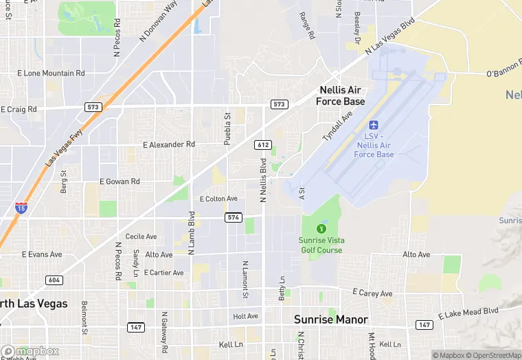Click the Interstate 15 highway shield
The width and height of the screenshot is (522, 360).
point(21,207)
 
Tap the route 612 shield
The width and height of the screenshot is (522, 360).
point(262,144)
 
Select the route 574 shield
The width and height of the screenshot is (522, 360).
point(233,218)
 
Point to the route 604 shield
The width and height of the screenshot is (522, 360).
point(54,280)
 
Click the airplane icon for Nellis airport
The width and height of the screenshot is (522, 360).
point(374,126)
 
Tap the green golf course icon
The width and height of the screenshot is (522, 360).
point(321,228)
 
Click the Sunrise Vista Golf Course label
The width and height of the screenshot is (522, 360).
point(321,245)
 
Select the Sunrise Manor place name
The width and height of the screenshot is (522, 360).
point(331,319)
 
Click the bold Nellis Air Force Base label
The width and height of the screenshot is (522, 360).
point(341,95)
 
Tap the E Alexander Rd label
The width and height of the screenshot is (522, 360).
point(169,144)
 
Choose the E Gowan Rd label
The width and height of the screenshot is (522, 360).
point(120,181)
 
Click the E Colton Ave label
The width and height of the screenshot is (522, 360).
point(218,199)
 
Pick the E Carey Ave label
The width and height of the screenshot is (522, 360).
point(372,293)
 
